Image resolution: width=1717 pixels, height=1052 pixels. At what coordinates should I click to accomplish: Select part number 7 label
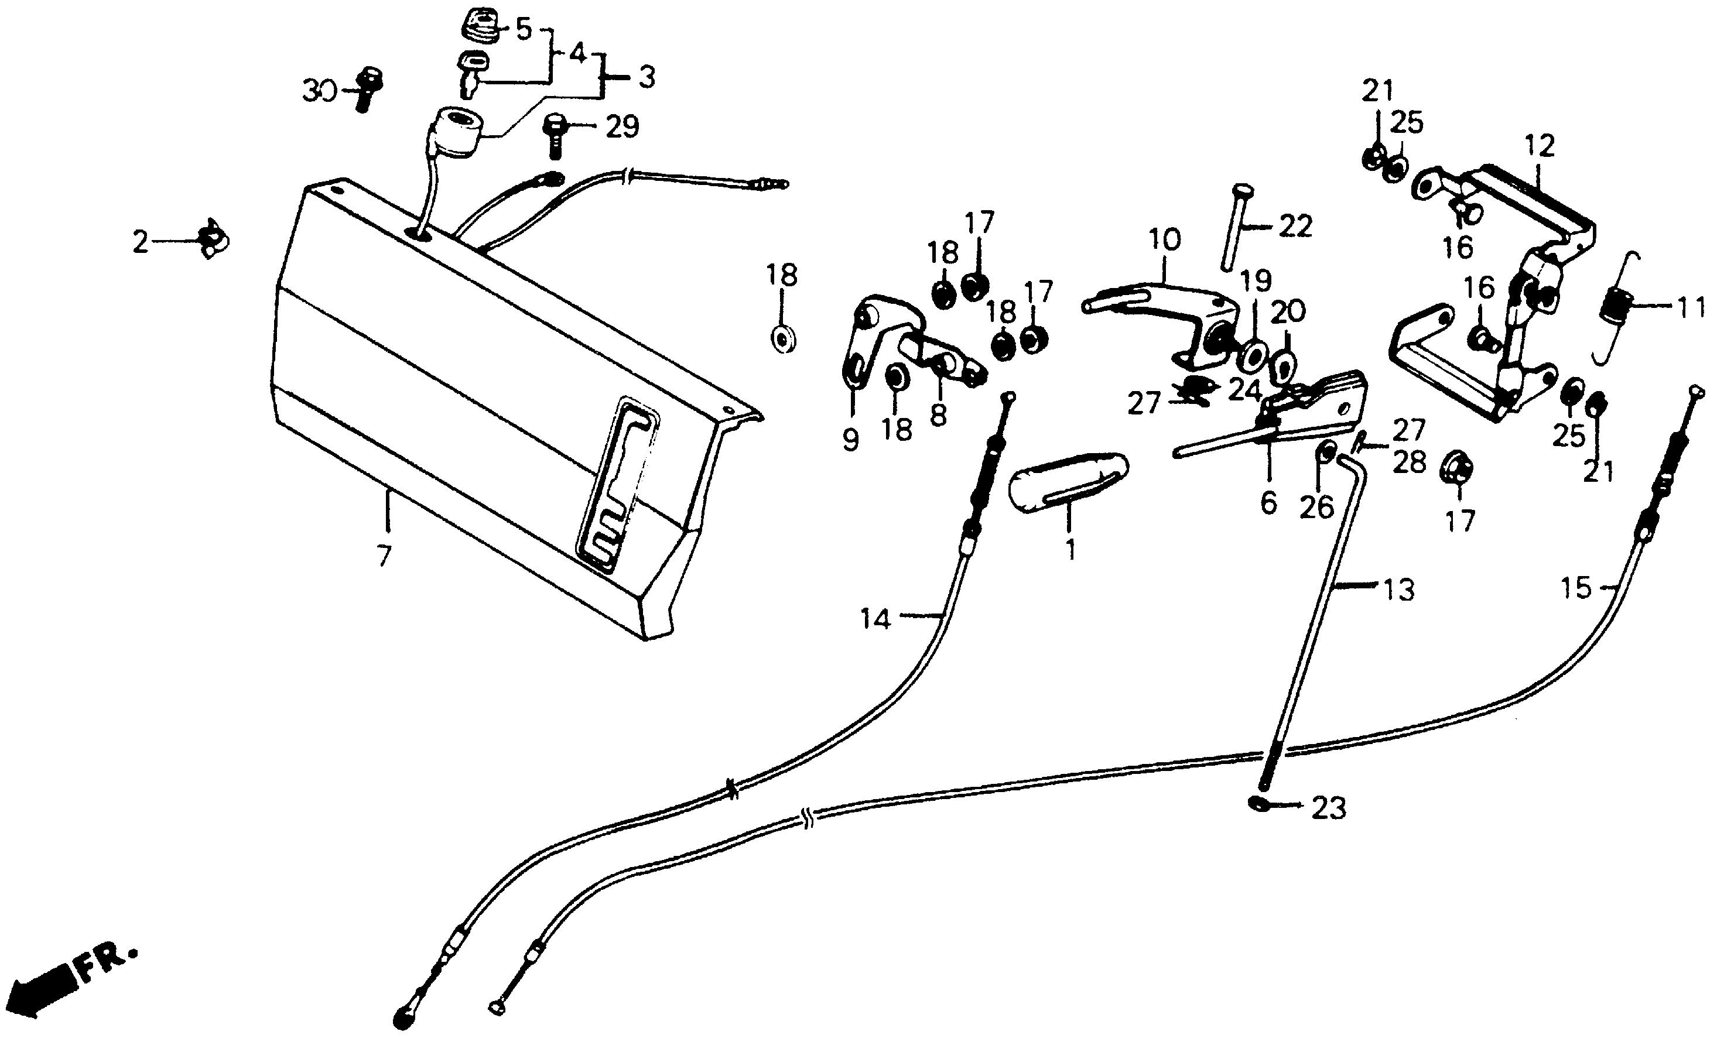384,557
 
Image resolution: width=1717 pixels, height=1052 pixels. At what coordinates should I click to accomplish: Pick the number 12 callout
1540,146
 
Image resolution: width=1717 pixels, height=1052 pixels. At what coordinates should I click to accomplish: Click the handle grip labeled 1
1068,482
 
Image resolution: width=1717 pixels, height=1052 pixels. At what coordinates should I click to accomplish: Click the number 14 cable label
875,619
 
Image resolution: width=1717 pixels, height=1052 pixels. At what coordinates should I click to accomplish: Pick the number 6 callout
1268,502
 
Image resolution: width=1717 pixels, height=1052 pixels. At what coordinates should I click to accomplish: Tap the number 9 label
850,440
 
